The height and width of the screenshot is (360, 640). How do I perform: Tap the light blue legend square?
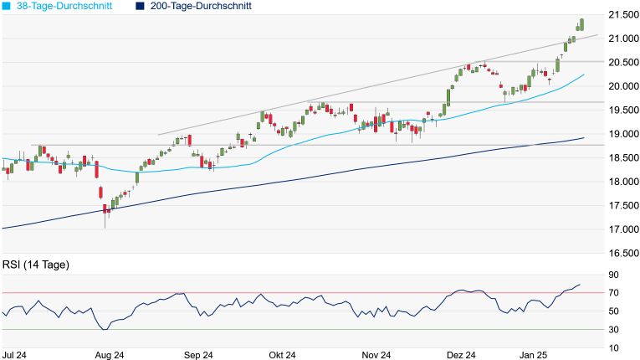(7, 6)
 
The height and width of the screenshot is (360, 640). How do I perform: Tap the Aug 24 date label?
(110, 355)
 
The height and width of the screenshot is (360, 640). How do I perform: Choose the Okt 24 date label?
(283, 355)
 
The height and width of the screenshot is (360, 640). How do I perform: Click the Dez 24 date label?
(460, 355)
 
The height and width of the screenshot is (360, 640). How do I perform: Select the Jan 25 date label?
(535, 355)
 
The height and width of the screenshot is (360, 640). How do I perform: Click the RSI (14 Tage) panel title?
(36, 265)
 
